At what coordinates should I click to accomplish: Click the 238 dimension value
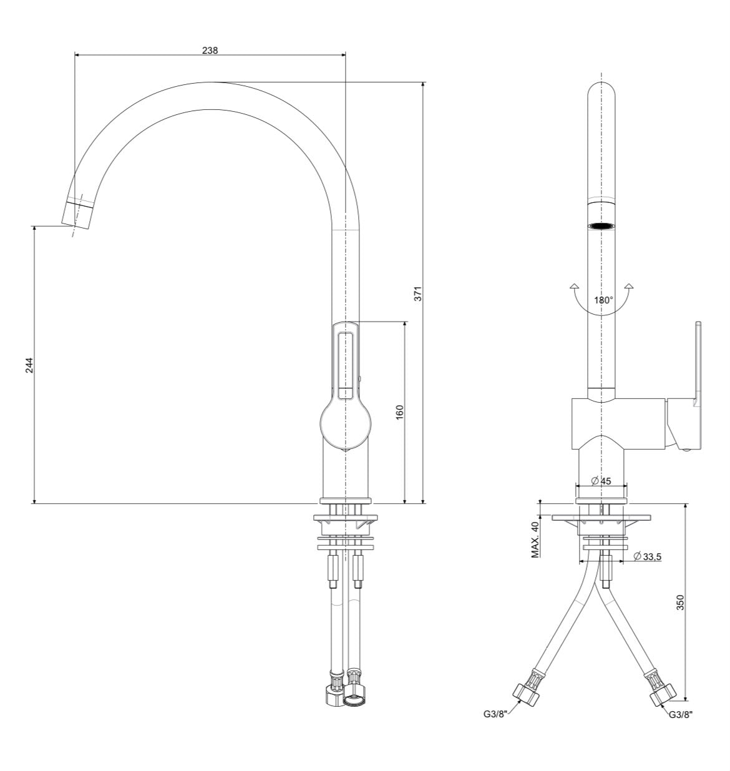(x=210, y=50)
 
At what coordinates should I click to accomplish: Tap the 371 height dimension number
(x=418, y=294)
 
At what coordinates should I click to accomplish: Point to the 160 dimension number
(x=399, y=412)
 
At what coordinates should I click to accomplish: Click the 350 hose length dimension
(x=680, y=602)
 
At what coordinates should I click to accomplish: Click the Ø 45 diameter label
(x=601, y=481)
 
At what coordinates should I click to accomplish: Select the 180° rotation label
(x=603, y=300)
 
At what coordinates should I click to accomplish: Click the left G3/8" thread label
(x=495, y=714)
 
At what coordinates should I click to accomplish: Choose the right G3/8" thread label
(x=681, y=715)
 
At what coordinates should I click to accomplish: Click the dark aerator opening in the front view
(x=601, y=226)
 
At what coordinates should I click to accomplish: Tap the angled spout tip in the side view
(x=78, y=214)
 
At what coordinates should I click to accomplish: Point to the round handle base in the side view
(x=345, y=426)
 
